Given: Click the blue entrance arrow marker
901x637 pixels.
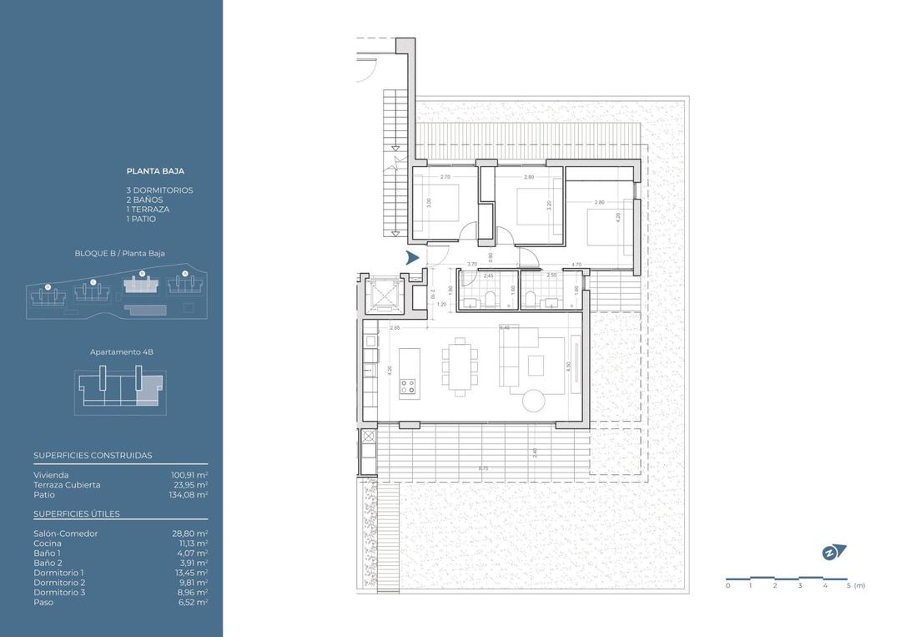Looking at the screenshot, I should pos(412,258).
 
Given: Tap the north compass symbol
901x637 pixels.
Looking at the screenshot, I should pos(833,551).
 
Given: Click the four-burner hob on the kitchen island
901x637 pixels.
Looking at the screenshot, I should pos(408,385).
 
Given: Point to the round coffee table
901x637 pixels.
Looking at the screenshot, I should pos(535,402).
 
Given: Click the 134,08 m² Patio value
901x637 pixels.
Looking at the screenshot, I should pos(188,494).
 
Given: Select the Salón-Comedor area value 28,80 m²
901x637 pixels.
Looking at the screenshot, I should pos(189,533).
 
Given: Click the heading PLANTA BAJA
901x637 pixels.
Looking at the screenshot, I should pos(155,171).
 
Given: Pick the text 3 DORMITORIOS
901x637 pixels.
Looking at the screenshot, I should pos(159,190).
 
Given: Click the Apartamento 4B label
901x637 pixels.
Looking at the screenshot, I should pos(122,352).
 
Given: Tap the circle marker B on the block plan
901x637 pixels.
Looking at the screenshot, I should pos(142,273).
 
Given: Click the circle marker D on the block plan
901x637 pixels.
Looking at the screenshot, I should pos(48,286).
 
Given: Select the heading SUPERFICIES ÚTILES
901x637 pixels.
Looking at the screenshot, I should pos(77,513).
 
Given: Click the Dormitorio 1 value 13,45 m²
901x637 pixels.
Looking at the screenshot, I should pos(189,573).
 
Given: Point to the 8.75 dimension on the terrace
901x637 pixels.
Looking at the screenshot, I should pos(484,469).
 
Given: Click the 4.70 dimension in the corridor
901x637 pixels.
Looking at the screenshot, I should pos(576,265).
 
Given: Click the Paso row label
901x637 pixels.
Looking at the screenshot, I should pos(43,602).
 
